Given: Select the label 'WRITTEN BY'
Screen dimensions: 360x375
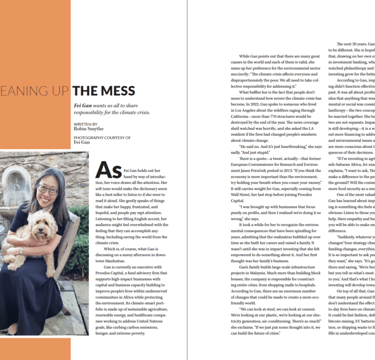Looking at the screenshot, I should click(86, 124).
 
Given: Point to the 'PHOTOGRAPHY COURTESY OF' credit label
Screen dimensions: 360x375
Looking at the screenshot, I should click(102, 137).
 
